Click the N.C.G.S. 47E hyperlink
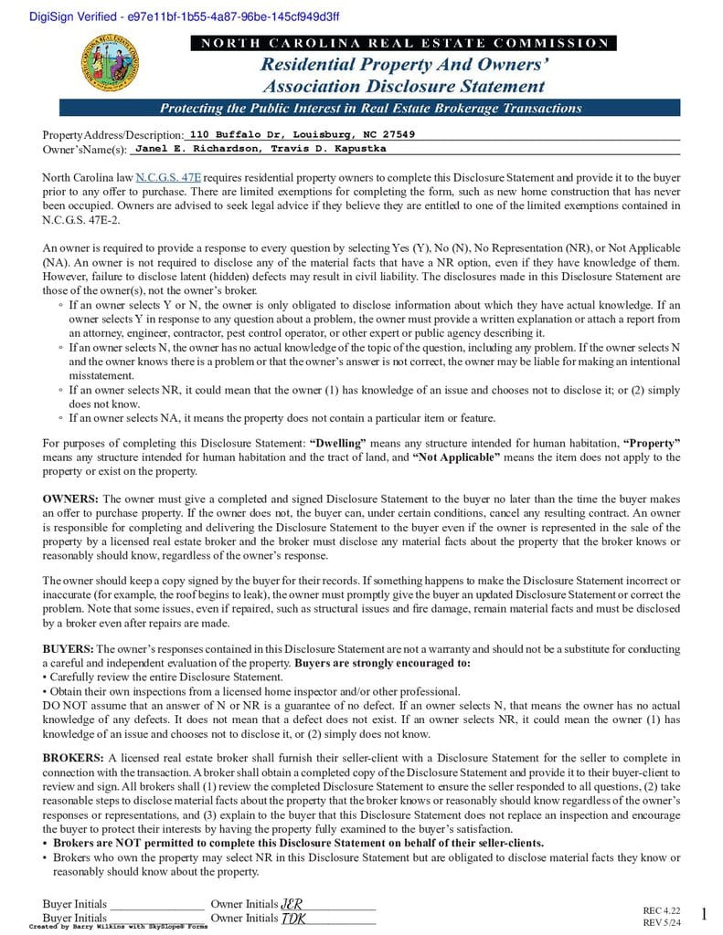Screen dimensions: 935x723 (x=168, y=177)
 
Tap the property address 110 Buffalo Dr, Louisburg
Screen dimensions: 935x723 (x=302, y=134)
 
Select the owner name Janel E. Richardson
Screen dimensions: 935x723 (x=193, y=148)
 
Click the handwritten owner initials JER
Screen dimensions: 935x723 (x=292, y=904)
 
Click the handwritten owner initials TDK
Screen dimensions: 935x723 (x=292, y=918)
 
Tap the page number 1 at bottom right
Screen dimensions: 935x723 (x=703, y=914)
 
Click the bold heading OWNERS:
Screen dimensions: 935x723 (x=70, y=499)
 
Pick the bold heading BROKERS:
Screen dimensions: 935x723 (x=73, y=758)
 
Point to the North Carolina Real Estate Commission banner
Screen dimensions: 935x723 (x=403, y=43)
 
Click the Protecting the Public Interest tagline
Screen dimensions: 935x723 (x=370, y=108)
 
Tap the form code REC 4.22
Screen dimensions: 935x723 (x=662, y=910)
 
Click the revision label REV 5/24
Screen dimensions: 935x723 (x=662, y=922)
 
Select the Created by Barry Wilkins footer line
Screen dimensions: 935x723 (x=118, y=926)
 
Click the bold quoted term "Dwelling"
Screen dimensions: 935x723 (x=337, y=443)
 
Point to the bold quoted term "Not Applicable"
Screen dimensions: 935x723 (x=457, y=457)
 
